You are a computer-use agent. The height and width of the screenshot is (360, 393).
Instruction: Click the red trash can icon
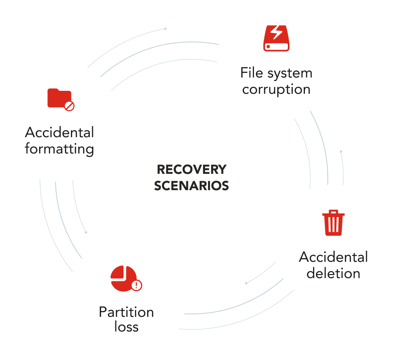click(x=333, y=223)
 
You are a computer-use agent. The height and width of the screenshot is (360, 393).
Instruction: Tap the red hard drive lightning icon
click(x=276, y=38)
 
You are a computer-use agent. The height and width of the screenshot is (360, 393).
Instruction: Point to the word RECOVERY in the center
click(x=191, y=169)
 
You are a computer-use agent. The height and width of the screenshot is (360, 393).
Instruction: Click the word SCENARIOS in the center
click(x=191, y=186)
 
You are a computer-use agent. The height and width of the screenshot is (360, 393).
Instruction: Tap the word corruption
click(x=276, y=90)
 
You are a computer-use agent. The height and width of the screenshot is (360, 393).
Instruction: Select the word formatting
click(x=60, y=149)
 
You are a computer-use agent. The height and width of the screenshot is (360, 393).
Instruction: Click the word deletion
click(x=333, y=273)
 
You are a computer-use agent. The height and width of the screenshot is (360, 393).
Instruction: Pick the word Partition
click(x=126, y=312)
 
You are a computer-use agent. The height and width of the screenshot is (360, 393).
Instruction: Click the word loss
click(x=126, y=327)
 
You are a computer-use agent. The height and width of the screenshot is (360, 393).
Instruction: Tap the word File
click(x=250, y=73)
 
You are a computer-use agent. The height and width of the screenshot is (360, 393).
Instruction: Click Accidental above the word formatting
click(x=60, y=132)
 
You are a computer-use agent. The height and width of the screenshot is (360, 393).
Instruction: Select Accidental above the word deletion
click(x=333, y=257)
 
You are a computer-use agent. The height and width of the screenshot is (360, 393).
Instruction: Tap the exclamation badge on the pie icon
click(x=137, y=285)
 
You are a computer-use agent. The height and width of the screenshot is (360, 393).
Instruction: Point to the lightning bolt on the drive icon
click(x=276, y=33)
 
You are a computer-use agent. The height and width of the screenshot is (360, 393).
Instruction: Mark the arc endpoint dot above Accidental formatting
click(x=165, y=29)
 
